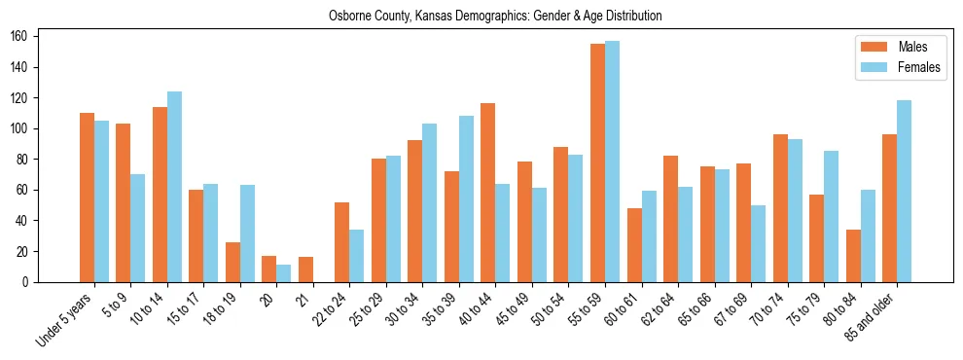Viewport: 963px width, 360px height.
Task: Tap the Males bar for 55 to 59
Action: click(597, 162)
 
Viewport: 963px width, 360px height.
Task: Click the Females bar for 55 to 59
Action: click(612, 162)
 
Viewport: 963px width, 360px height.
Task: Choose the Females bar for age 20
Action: click(284, 273)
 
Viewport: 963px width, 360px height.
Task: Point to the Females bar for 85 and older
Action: click(904, 191)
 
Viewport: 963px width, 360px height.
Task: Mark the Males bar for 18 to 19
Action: click(232, 262)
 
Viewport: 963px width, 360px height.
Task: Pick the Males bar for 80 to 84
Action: click(853, 256)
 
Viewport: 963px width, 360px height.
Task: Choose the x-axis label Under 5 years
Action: click(64, 318)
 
